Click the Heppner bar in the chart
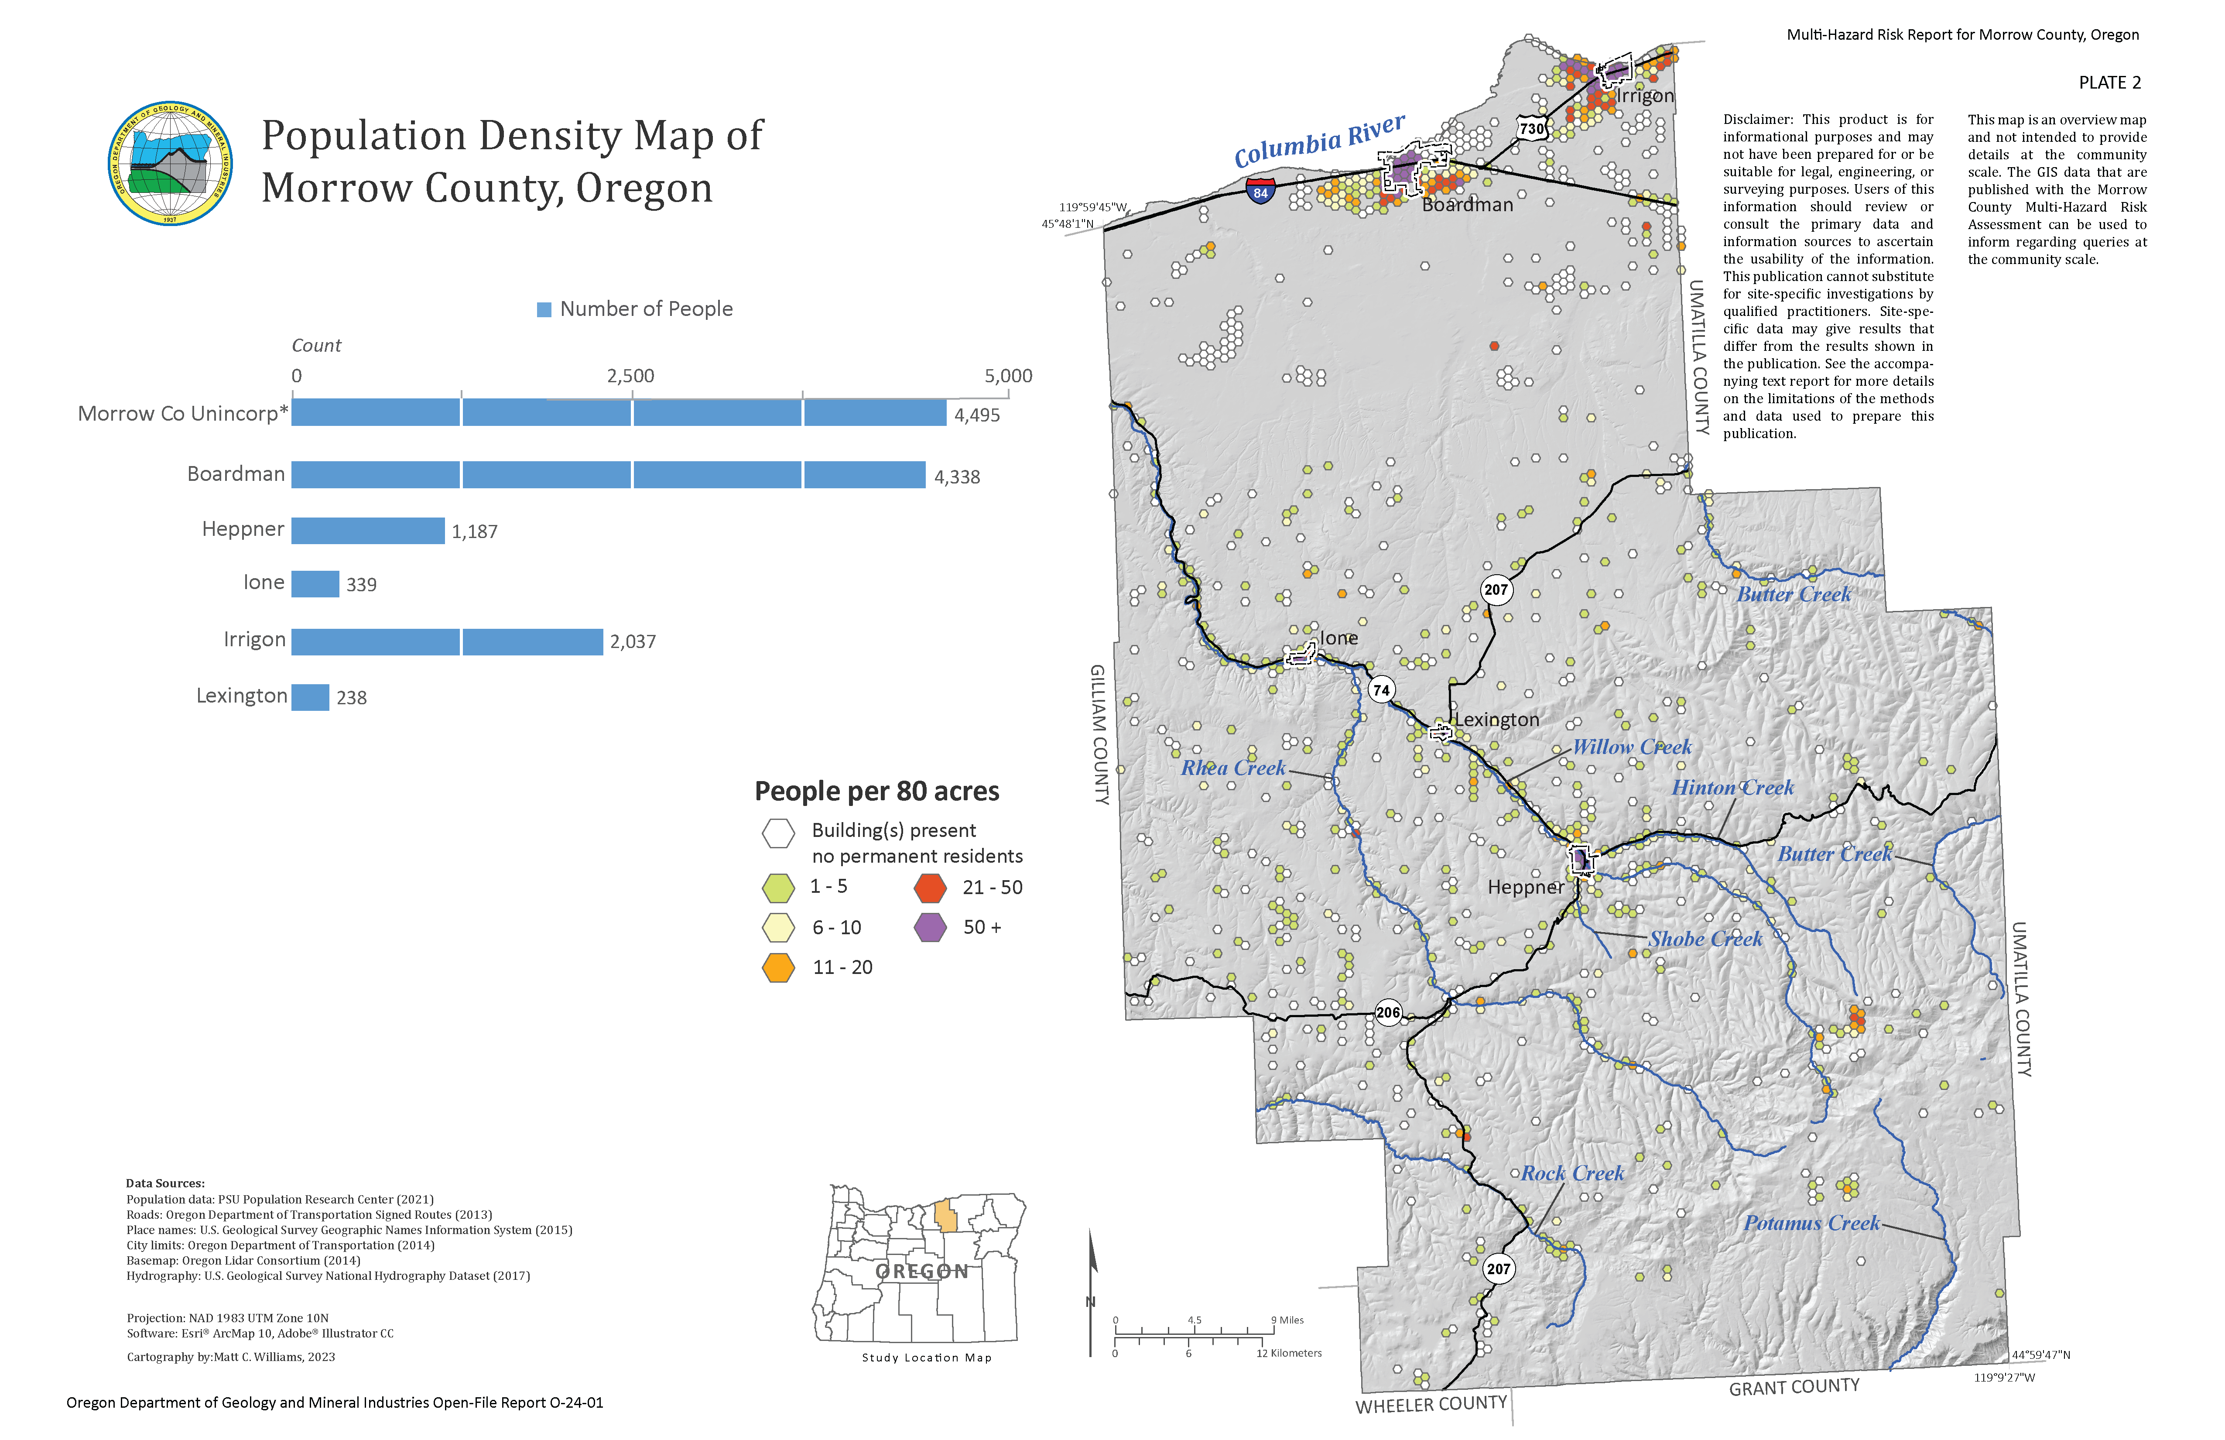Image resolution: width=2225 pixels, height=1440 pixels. coord(367,530)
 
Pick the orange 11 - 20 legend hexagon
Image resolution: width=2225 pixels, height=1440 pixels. coord(778,968)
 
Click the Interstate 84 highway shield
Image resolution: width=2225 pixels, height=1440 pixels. coord(1260,192)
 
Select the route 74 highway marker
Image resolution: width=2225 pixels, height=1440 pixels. coord(1381,690)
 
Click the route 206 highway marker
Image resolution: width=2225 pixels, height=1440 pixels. coord(1388,1013)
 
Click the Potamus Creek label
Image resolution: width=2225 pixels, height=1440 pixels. coord(1811,1223)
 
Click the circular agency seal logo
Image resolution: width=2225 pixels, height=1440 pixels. coord(170,164)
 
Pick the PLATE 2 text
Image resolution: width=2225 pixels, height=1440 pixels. coord(2109,82)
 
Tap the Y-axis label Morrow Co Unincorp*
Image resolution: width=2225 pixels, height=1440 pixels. coord(182,413)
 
